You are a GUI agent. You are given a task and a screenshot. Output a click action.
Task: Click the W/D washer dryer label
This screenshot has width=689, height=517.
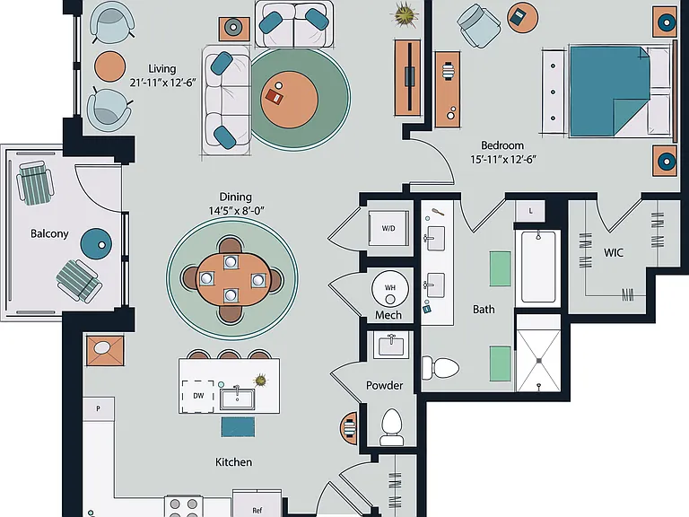point(388,228)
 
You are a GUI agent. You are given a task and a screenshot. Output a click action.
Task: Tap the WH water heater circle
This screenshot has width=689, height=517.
point(390,288)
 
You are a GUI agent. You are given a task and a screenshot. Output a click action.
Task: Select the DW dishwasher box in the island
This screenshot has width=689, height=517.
point(198,396)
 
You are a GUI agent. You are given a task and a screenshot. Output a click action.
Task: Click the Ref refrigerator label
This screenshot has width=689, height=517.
point(257,510)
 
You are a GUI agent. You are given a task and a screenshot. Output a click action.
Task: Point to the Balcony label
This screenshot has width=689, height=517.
point(49,233)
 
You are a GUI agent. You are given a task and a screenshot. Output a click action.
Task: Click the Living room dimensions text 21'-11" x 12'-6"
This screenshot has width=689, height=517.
point(162,83)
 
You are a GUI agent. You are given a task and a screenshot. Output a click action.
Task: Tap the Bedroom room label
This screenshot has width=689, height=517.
point(502,145)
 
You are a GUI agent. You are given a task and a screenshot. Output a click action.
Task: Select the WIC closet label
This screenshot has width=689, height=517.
point(614,252)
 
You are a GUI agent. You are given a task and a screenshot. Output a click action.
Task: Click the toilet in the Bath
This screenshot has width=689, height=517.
point(440,367)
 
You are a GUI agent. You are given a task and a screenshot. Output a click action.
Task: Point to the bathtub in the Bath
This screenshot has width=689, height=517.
point(538,267)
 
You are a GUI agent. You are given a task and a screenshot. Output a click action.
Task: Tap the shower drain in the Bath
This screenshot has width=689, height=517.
point(538,361)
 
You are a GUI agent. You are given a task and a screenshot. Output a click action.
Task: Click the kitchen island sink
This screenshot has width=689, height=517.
point(237,399)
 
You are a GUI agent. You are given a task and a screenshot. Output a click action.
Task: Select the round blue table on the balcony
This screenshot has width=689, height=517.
point(96,243)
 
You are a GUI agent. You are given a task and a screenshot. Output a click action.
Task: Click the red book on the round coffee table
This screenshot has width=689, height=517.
point(275,97)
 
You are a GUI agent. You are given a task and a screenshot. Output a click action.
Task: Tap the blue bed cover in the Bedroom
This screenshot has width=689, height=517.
point(609,91)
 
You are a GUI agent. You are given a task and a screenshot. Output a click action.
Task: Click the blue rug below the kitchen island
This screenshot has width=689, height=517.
point(238,427)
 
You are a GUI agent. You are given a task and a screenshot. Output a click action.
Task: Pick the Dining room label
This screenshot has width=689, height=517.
point(236,197)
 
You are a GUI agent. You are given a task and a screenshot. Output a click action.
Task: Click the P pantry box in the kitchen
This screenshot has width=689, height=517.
point(99,409)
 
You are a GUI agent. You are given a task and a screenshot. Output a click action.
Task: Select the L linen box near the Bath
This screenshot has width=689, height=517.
point(530,211)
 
